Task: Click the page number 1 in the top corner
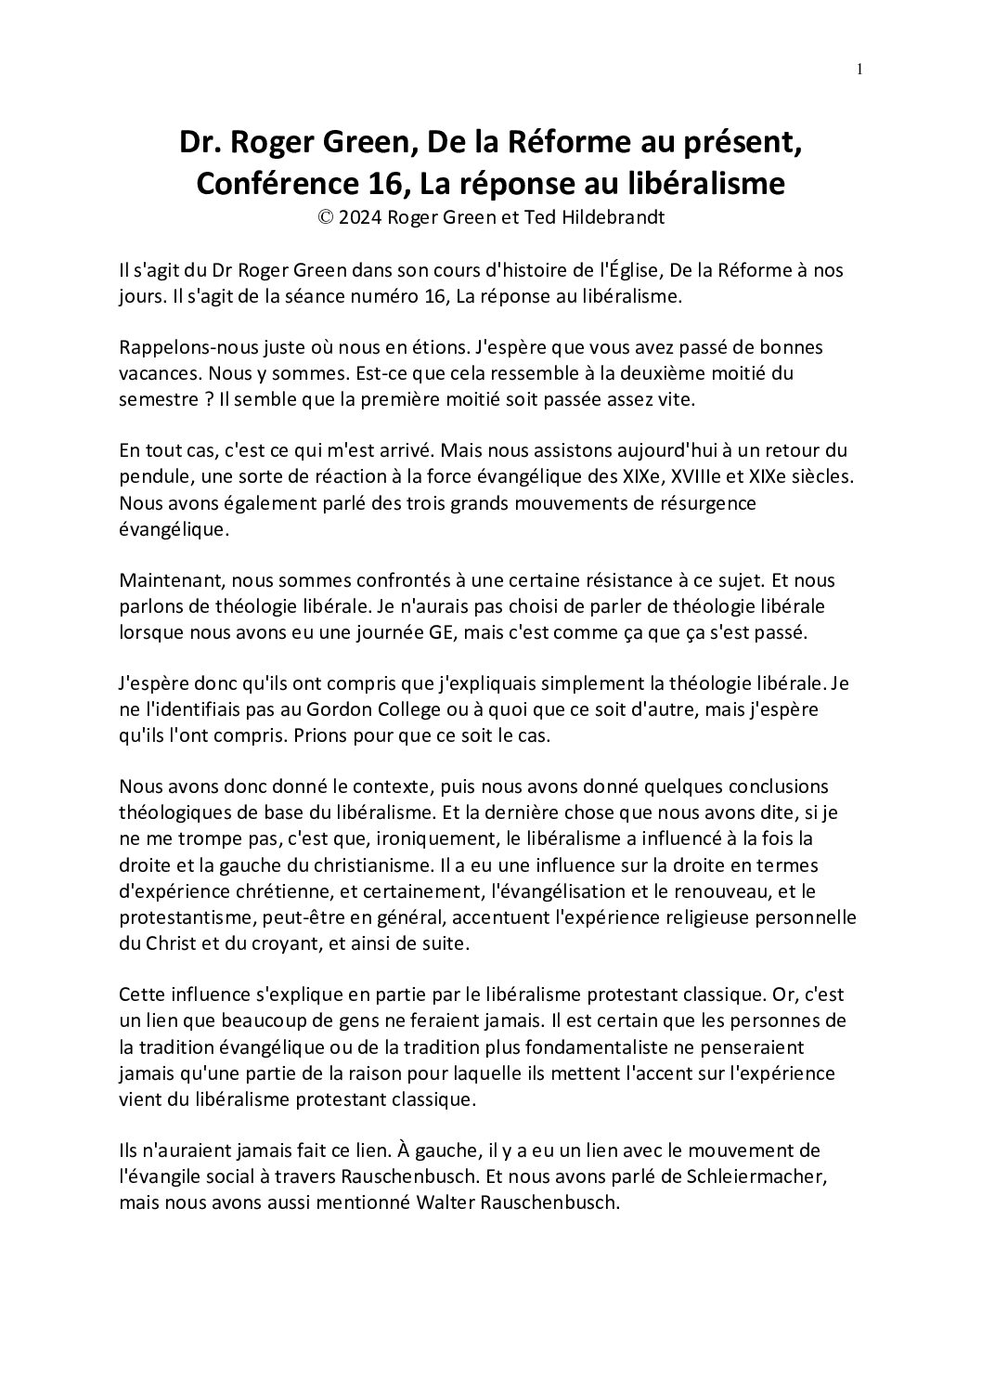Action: point(860,69)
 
